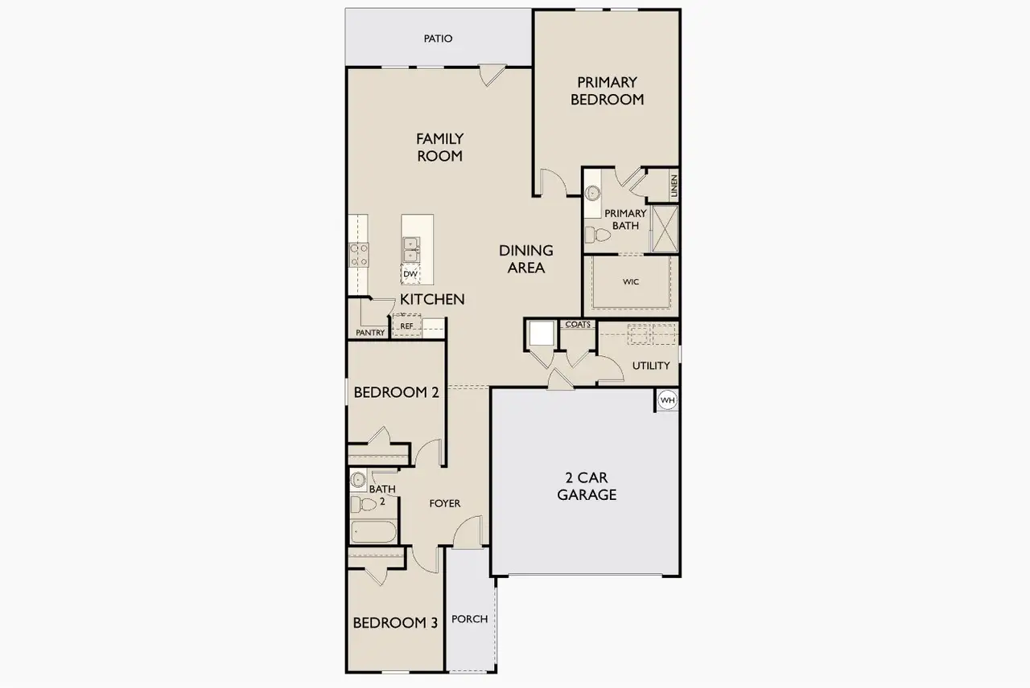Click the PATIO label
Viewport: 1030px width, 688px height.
point(438,39)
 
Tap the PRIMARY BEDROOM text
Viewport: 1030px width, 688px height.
point(607,91)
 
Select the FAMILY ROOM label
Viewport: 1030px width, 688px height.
point(439,148)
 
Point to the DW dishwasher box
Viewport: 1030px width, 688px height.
point(410,274)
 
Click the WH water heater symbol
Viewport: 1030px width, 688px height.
point(667,399)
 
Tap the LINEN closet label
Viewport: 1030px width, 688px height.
point(674,186)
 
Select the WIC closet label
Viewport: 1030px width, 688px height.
point(630,282)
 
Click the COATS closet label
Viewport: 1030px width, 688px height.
point(578,325)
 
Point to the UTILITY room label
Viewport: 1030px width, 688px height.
point(650,366)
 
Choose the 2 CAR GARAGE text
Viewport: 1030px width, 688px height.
point(587,486)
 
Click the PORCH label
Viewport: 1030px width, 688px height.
point(469,619)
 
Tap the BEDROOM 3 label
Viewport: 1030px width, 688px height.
point(395,623)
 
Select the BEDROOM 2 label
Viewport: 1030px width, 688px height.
point(396,393)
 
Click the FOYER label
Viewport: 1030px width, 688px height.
point(444,504)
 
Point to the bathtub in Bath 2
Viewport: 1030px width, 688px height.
point(373,532)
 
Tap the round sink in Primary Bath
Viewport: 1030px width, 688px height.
point(593,193)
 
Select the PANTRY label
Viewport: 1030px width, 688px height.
point(370,333)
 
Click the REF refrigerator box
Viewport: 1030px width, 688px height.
point(407,326)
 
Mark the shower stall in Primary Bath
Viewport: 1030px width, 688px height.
point(665,229)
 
